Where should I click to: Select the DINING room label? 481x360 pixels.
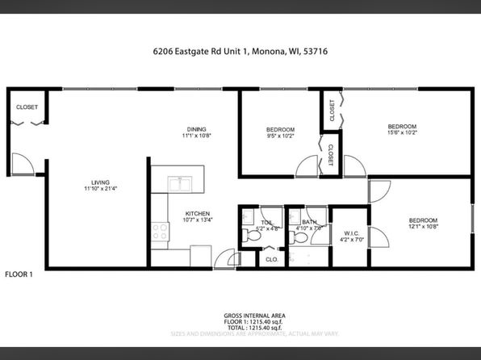[x=195, y=129]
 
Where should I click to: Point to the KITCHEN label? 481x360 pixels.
[x=197, y=213]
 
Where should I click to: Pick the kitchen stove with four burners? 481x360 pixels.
[x=160, y=232]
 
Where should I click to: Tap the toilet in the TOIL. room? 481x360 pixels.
[x=249, y=235]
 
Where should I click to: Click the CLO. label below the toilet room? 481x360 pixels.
[x=272, y=260]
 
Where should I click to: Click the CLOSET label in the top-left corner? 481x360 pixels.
[x=27, y=107]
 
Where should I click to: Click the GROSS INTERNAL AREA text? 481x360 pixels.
[x=253, y=316]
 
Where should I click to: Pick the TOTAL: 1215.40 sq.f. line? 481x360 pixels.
[x=253, y=327]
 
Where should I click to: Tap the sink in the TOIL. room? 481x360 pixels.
[x=266, y=220]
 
